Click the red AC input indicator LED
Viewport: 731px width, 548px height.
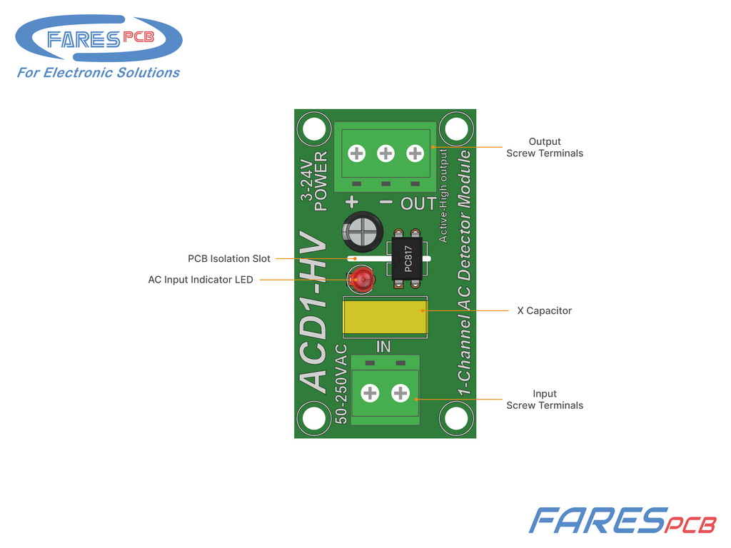click(x=362, y=280)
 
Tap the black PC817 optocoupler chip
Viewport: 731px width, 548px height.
click(x=407, y=258)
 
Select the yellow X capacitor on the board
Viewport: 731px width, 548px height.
click(x=385, y=317)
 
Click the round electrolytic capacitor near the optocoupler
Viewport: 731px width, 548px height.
click(x=363, y=231)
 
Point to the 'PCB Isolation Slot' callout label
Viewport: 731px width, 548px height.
click(x=229, y=258)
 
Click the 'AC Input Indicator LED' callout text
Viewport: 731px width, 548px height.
click(x=201, y=280)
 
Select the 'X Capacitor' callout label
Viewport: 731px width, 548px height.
click(x=544, y=311)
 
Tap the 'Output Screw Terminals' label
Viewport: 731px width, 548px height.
click(x=545, y=147)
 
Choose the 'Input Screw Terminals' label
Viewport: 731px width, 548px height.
click(x=545, y=400)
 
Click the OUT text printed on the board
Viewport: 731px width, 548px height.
click(x=418, y=203)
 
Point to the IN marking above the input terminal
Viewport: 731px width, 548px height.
click(x=383, y=347)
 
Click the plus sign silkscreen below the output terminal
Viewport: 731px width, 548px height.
click(x=352, y=202)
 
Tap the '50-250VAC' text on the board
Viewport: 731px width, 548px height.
click(x=341, y=384)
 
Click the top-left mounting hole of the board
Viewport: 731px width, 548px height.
click(x=314, y=128)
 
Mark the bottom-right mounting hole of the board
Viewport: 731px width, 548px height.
click(x=456, y=417)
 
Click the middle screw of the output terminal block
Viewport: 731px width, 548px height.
click(x=385, y=153)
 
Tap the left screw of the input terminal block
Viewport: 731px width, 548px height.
click(x=370, y=393)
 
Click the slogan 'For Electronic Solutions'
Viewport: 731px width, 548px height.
click(x=99, y=73)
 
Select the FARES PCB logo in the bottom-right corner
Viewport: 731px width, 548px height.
click(x=622, y=520)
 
